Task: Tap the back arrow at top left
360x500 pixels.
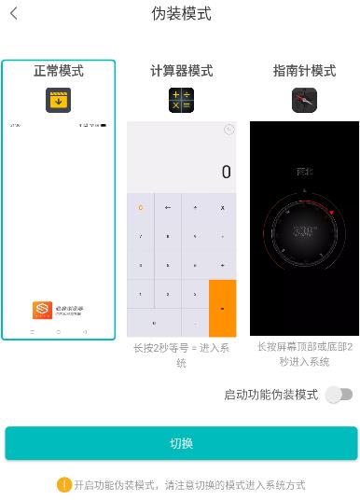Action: click(14, 14)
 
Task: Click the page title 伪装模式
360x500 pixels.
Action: click(181, 14)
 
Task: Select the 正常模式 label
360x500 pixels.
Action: click(58, 71)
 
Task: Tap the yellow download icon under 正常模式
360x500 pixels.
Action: click(59, 100)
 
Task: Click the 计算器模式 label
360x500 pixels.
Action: click(181, 71)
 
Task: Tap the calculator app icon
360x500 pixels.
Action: click(181, 100)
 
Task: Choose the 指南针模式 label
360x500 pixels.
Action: click(304, 71)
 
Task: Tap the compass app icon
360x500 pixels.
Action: click(304, 100)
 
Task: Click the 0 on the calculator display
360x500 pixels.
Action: click(226, 173)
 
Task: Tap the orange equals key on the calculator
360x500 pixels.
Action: click(222, 308)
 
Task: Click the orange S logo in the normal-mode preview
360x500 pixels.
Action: click(41, 310)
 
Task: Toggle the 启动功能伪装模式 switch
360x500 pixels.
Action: click(339, 395)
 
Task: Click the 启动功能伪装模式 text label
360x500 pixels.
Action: click(270, 395)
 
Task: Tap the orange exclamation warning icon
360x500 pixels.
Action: click(63, 485)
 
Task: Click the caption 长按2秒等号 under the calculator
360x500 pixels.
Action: click(181, 354)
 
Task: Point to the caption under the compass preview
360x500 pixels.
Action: click(304, 354)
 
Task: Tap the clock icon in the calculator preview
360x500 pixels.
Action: click(228, 131)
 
